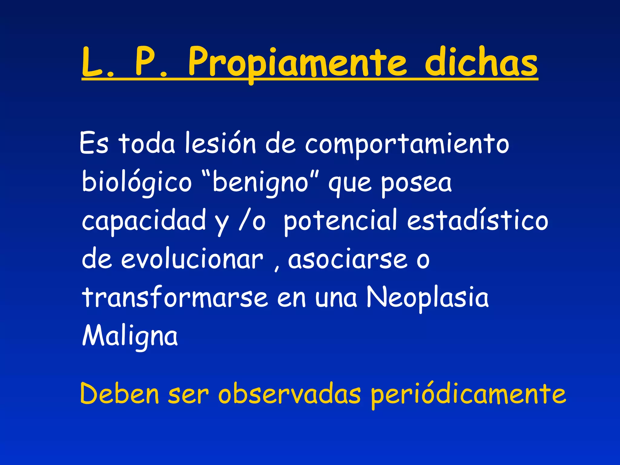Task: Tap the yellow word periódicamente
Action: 468,395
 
